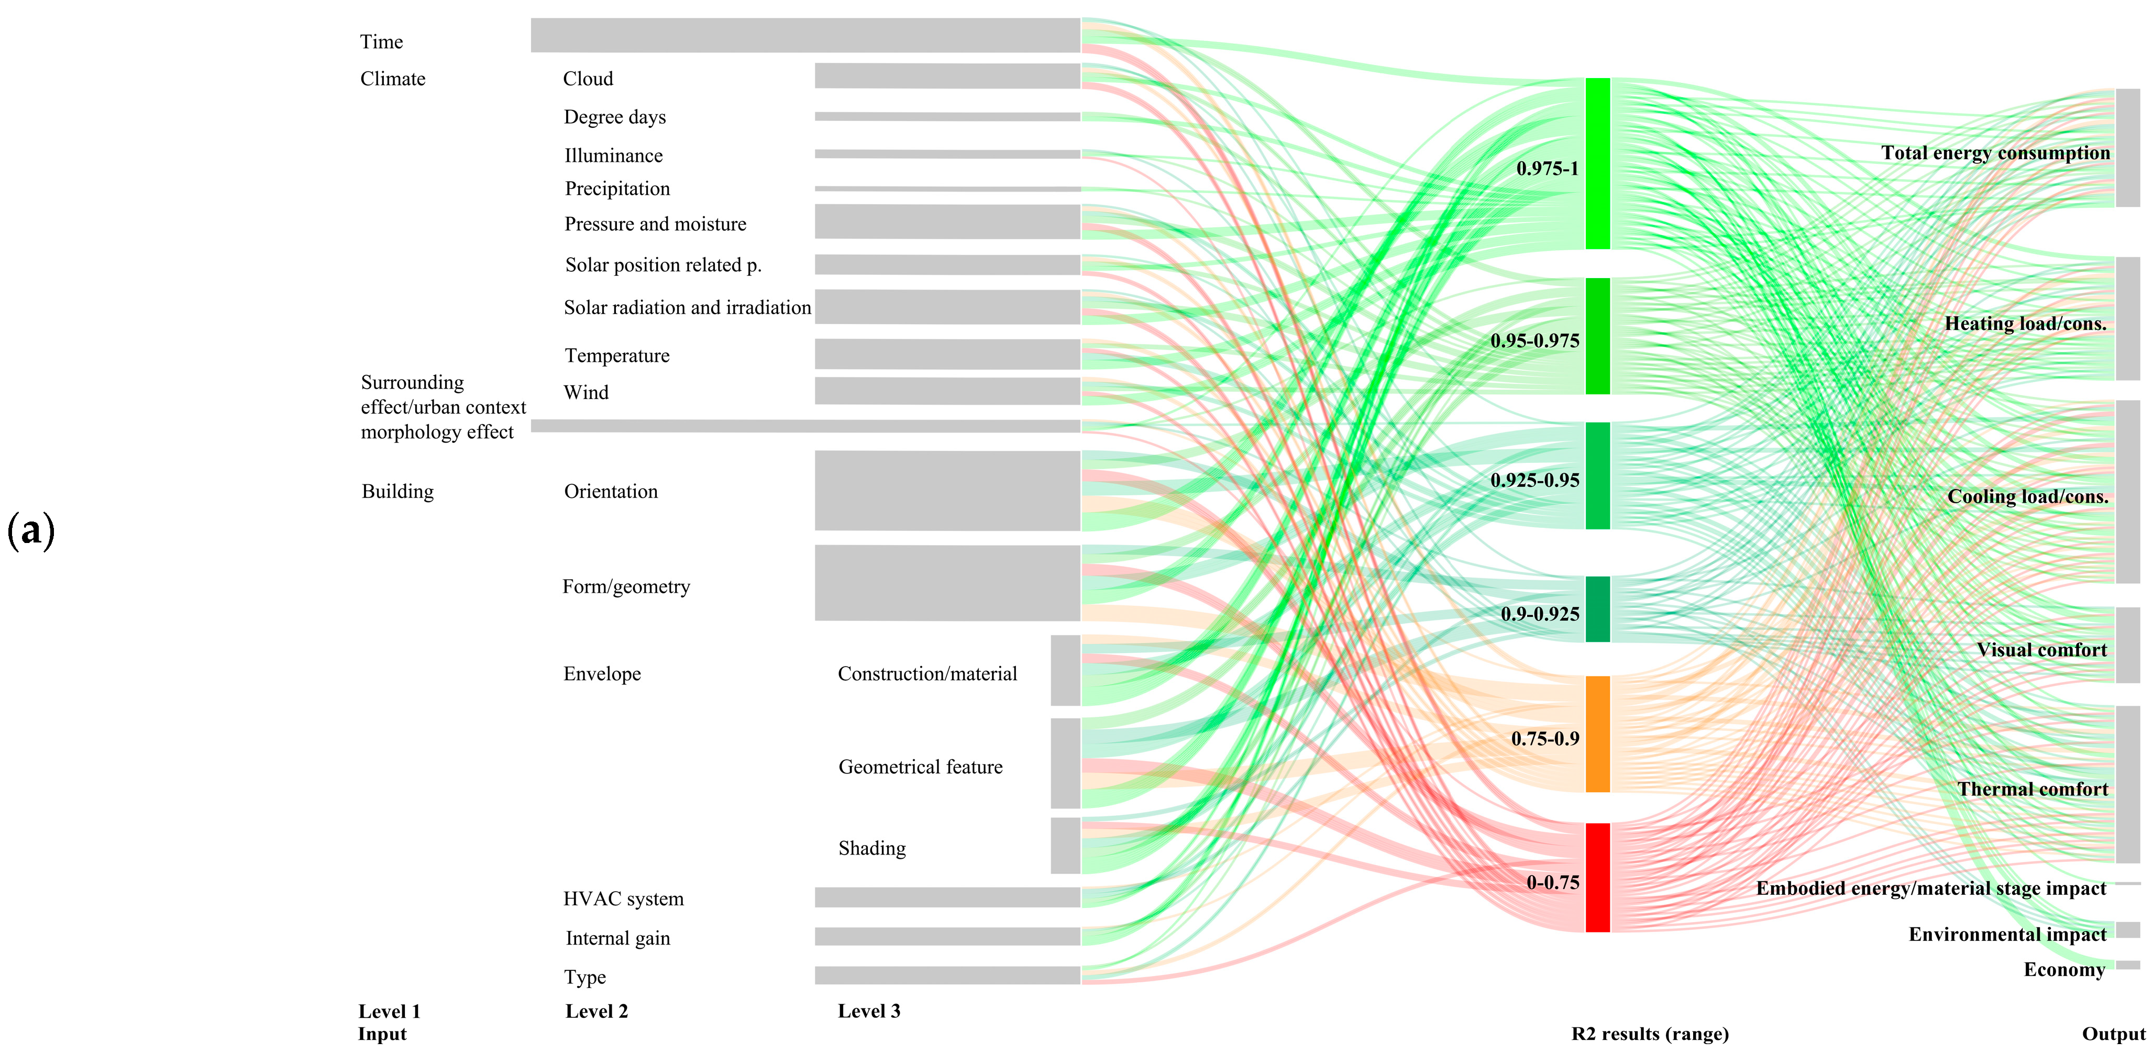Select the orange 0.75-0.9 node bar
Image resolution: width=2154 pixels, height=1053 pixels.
[1597, 734]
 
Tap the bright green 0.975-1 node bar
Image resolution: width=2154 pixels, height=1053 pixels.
[1597, 163]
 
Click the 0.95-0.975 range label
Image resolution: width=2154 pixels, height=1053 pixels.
[1534, 341]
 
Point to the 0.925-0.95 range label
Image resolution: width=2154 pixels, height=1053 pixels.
[1534, 481]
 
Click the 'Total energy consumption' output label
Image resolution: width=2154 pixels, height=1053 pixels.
[1995, 153]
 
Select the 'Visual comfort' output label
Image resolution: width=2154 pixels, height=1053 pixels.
[2041, 650]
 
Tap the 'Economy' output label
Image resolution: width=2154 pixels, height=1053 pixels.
[2064, 969]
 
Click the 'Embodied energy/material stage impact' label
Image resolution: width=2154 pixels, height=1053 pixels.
[1931, 889]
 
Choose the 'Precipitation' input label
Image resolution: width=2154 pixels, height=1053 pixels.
[617, 189]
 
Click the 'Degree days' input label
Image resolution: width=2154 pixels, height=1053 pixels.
[615, 117]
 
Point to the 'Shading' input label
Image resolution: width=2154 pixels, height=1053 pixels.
[872, 848]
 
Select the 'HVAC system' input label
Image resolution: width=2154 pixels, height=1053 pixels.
[623, 899]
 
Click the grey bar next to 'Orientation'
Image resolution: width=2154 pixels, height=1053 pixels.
[947, 491]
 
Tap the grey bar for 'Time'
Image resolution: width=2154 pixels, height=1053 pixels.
[805, 35]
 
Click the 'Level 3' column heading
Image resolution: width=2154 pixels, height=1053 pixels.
[869, 1011]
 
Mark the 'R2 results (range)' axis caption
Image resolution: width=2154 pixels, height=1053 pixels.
[1650, 1034]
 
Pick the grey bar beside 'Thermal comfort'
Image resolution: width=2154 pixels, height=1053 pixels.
[2127, 784]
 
